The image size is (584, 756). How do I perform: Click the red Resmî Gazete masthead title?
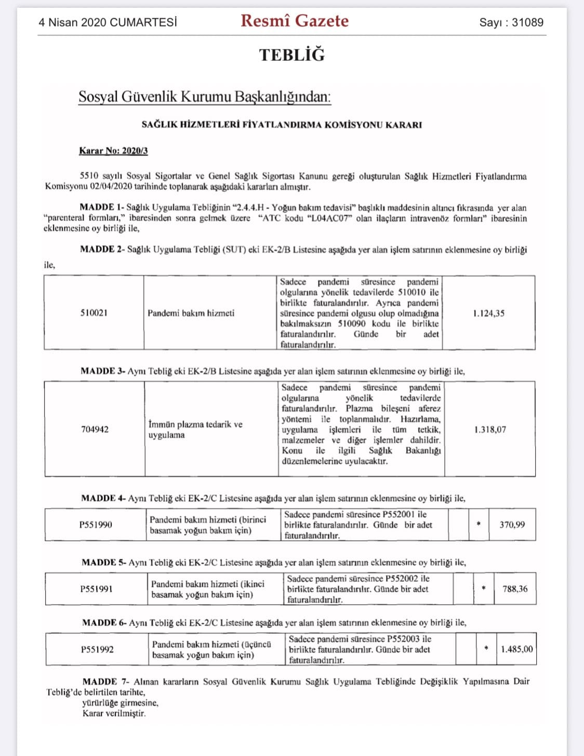pyautogui.click(x=295, y=21)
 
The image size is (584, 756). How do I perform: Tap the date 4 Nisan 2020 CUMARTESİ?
pyautogui.click(x=108, y=22)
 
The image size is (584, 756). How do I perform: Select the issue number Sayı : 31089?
pyautogui.click(x=511, y=22)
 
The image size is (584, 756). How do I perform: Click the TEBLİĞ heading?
pyautogui.click(x=292, y=55)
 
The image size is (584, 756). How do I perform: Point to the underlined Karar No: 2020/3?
pyautogui.click(x=113, y=151)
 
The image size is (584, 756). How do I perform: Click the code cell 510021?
pyautogui.click(x=94, y=313)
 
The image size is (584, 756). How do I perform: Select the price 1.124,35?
pyautogui.click(x=488, y=314)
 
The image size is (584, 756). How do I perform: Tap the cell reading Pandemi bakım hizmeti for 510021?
pyautogui.click(x=191, y=313)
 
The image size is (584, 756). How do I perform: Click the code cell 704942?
pyautogui.click(x=95, y=429)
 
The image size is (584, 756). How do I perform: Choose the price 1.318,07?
pyautogui.click(x=490, y=430)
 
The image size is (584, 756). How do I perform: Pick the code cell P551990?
pyautogui.click(x=96, y=525)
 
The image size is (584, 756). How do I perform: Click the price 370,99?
pyautogui.click(x=512, y=525)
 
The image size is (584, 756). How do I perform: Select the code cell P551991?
pyautogui.click(x=96, y=589)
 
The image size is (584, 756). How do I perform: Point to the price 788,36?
pyautogui.click(x=515, y=589)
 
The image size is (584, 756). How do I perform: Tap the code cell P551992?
pyautogui.click(x=97, y=649)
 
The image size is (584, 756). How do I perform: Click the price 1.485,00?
pyautogui.click(x=516, y=649)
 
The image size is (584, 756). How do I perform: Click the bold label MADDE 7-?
pyautogui.click(x=106, y=682)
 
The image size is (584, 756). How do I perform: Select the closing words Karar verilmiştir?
pyautogui.click(x=114, y=713)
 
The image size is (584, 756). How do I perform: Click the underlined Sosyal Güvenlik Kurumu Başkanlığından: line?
pyautogui.click(x=204, y=97)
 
